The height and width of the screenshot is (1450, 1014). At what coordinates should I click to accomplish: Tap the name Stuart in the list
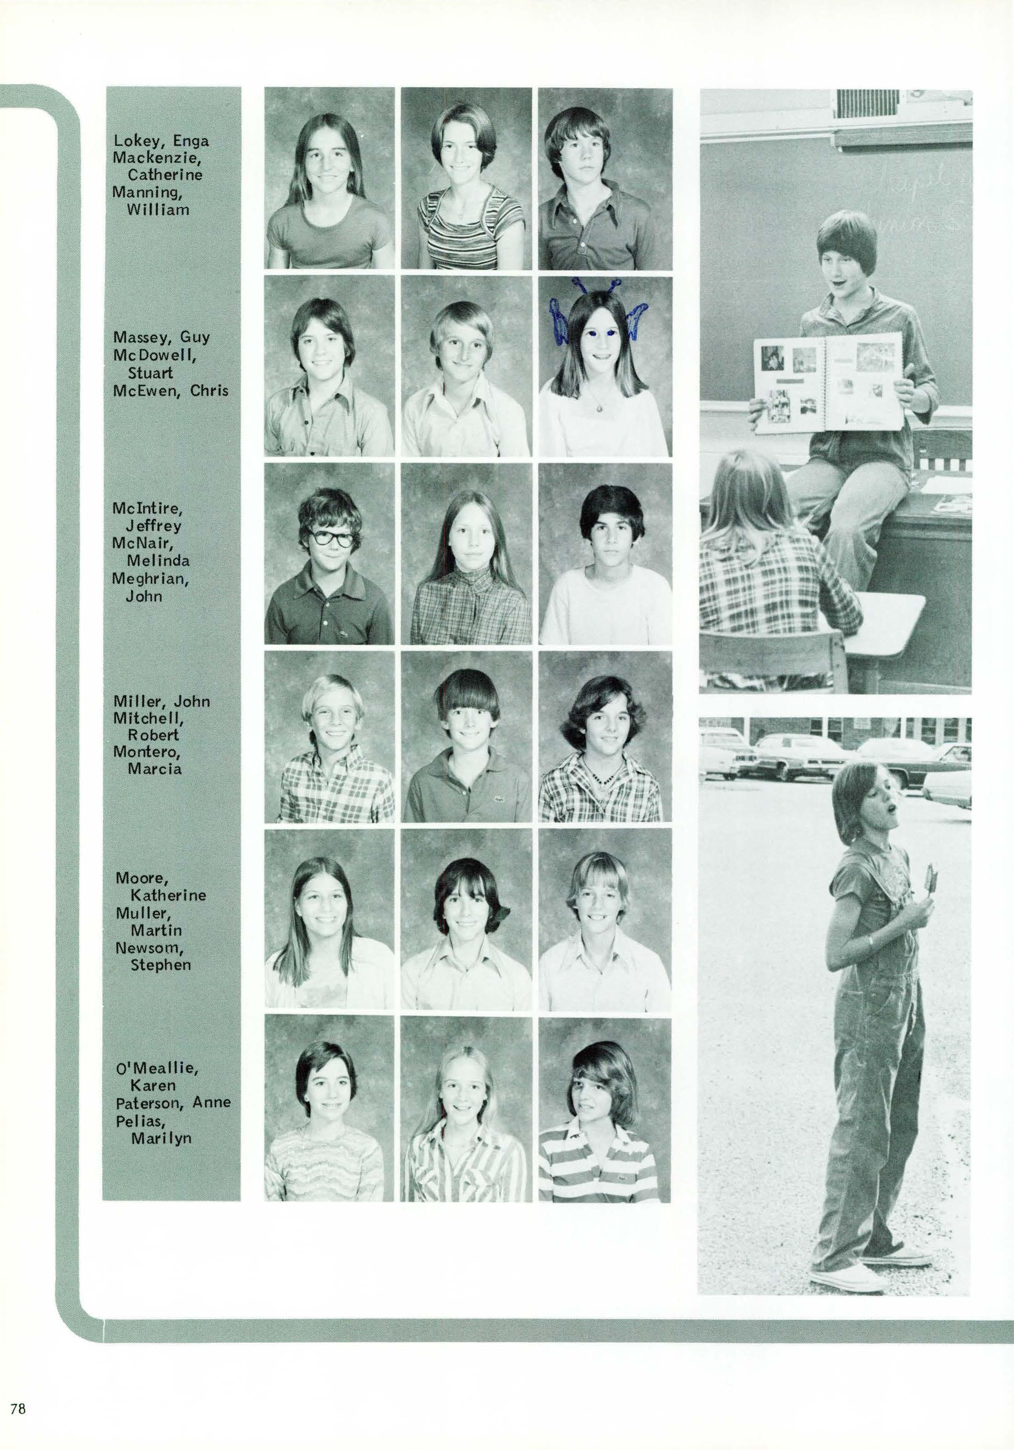tap(150, 373)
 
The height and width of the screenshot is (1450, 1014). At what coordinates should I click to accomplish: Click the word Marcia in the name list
tap(154, 769)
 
